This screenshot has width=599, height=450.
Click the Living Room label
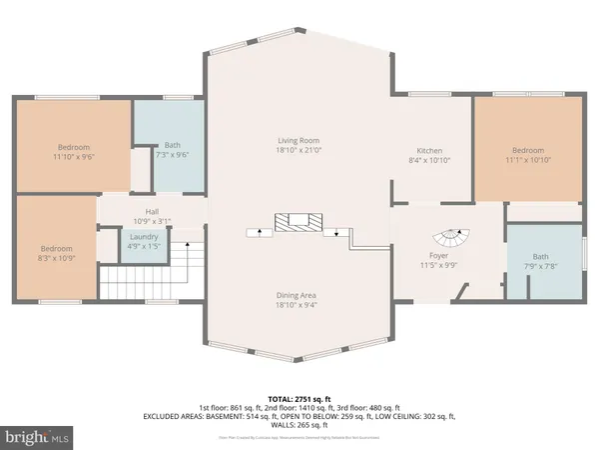click(298, 141)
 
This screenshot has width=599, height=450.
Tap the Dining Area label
click(298, 296)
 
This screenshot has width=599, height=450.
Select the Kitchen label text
click(429, 148)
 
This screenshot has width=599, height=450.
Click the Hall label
click(152, 211)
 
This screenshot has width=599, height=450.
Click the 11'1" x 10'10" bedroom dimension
click(528, 160)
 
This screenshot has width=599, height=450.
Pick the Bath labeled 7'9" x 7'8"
click(545, 267)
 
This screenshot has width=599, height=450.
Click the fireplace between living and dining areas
click(298, 221)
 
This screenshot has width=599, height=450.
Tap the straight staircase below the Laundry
click(152, 274)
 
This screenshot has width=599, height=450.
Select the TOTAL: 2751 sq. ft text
click(299, 399)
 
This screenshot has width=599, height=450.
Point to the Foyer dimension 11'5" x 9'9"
click(436, 267)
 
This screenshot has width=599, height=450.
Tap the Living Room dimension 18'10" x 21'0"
click(298, 153)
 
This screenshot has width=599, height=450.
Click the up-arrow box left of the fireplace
click(259, 231)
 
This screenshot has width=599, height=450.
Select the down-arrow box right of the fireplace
click(337, 231)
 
